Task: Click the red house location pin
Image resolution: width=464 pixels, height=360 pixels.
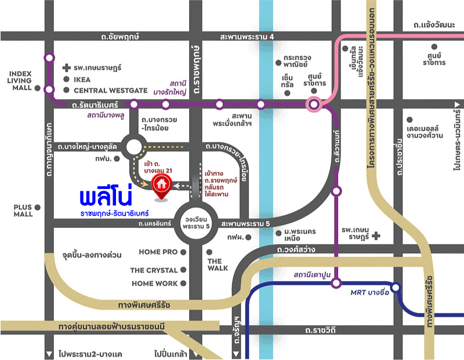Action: pos(161,185)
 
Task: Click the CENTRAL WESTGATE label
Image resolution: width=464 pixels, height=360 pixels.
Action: pos(111,90)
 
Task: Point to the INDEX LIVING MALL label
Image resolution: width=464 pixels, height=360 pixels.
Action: pos(20,81)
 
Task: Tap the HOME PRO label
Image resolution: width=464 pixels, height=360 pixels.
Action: pos(158,252)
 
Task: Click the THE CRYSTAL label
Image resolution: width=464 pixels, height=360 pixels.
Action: pos(154,270)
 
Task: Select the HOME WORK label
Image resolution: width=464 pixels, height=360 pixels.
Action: pos(155,283)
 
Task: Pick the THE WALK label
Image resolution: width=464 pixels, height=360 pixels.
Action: pos(217,264)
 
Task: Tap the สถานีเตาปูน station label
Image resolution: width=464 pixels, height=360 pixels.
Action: pos(312,274)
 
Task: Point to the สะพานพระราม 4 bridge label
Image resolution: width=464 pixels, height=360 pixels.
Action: pos(246,37)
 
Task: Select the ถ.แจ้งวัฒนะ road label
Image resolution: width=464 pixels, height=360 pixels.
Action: pos(436,26)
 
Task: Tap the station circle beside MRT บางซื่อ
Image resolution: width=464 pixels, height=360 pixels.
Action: pos(396,287)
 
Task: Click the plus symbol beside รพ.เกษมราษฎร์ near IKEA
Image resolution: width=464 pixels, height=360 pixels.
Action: pos(66,68)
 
